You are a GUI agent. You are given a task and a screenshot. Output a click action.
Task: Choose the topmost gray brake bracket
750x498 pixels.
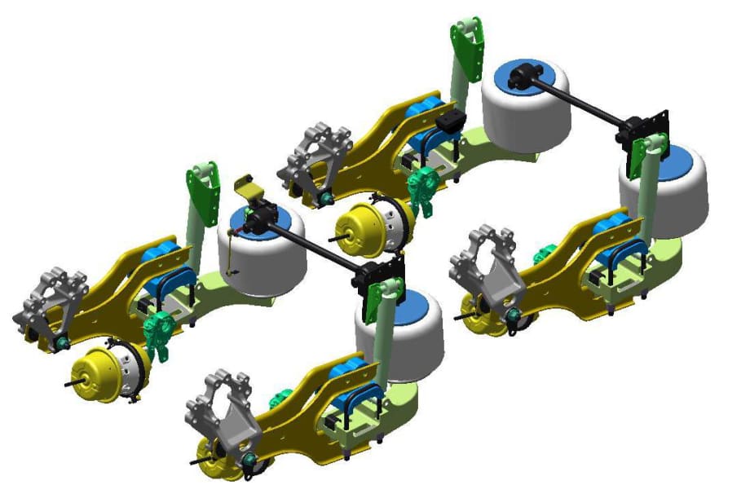318,155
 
